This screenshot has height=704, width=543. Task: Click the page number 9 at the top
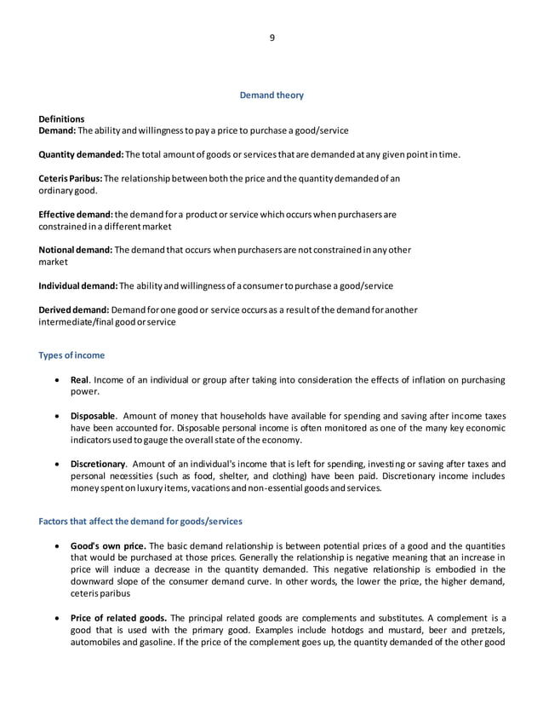tap(271, 38)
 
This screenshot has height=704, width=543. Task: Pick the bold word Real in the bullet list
tap(79, 379)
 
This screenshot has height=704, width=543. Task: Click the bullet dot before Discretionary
tap(57, 464)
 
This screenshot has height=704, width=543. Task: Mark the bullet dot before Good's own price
tap(57, 545)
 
